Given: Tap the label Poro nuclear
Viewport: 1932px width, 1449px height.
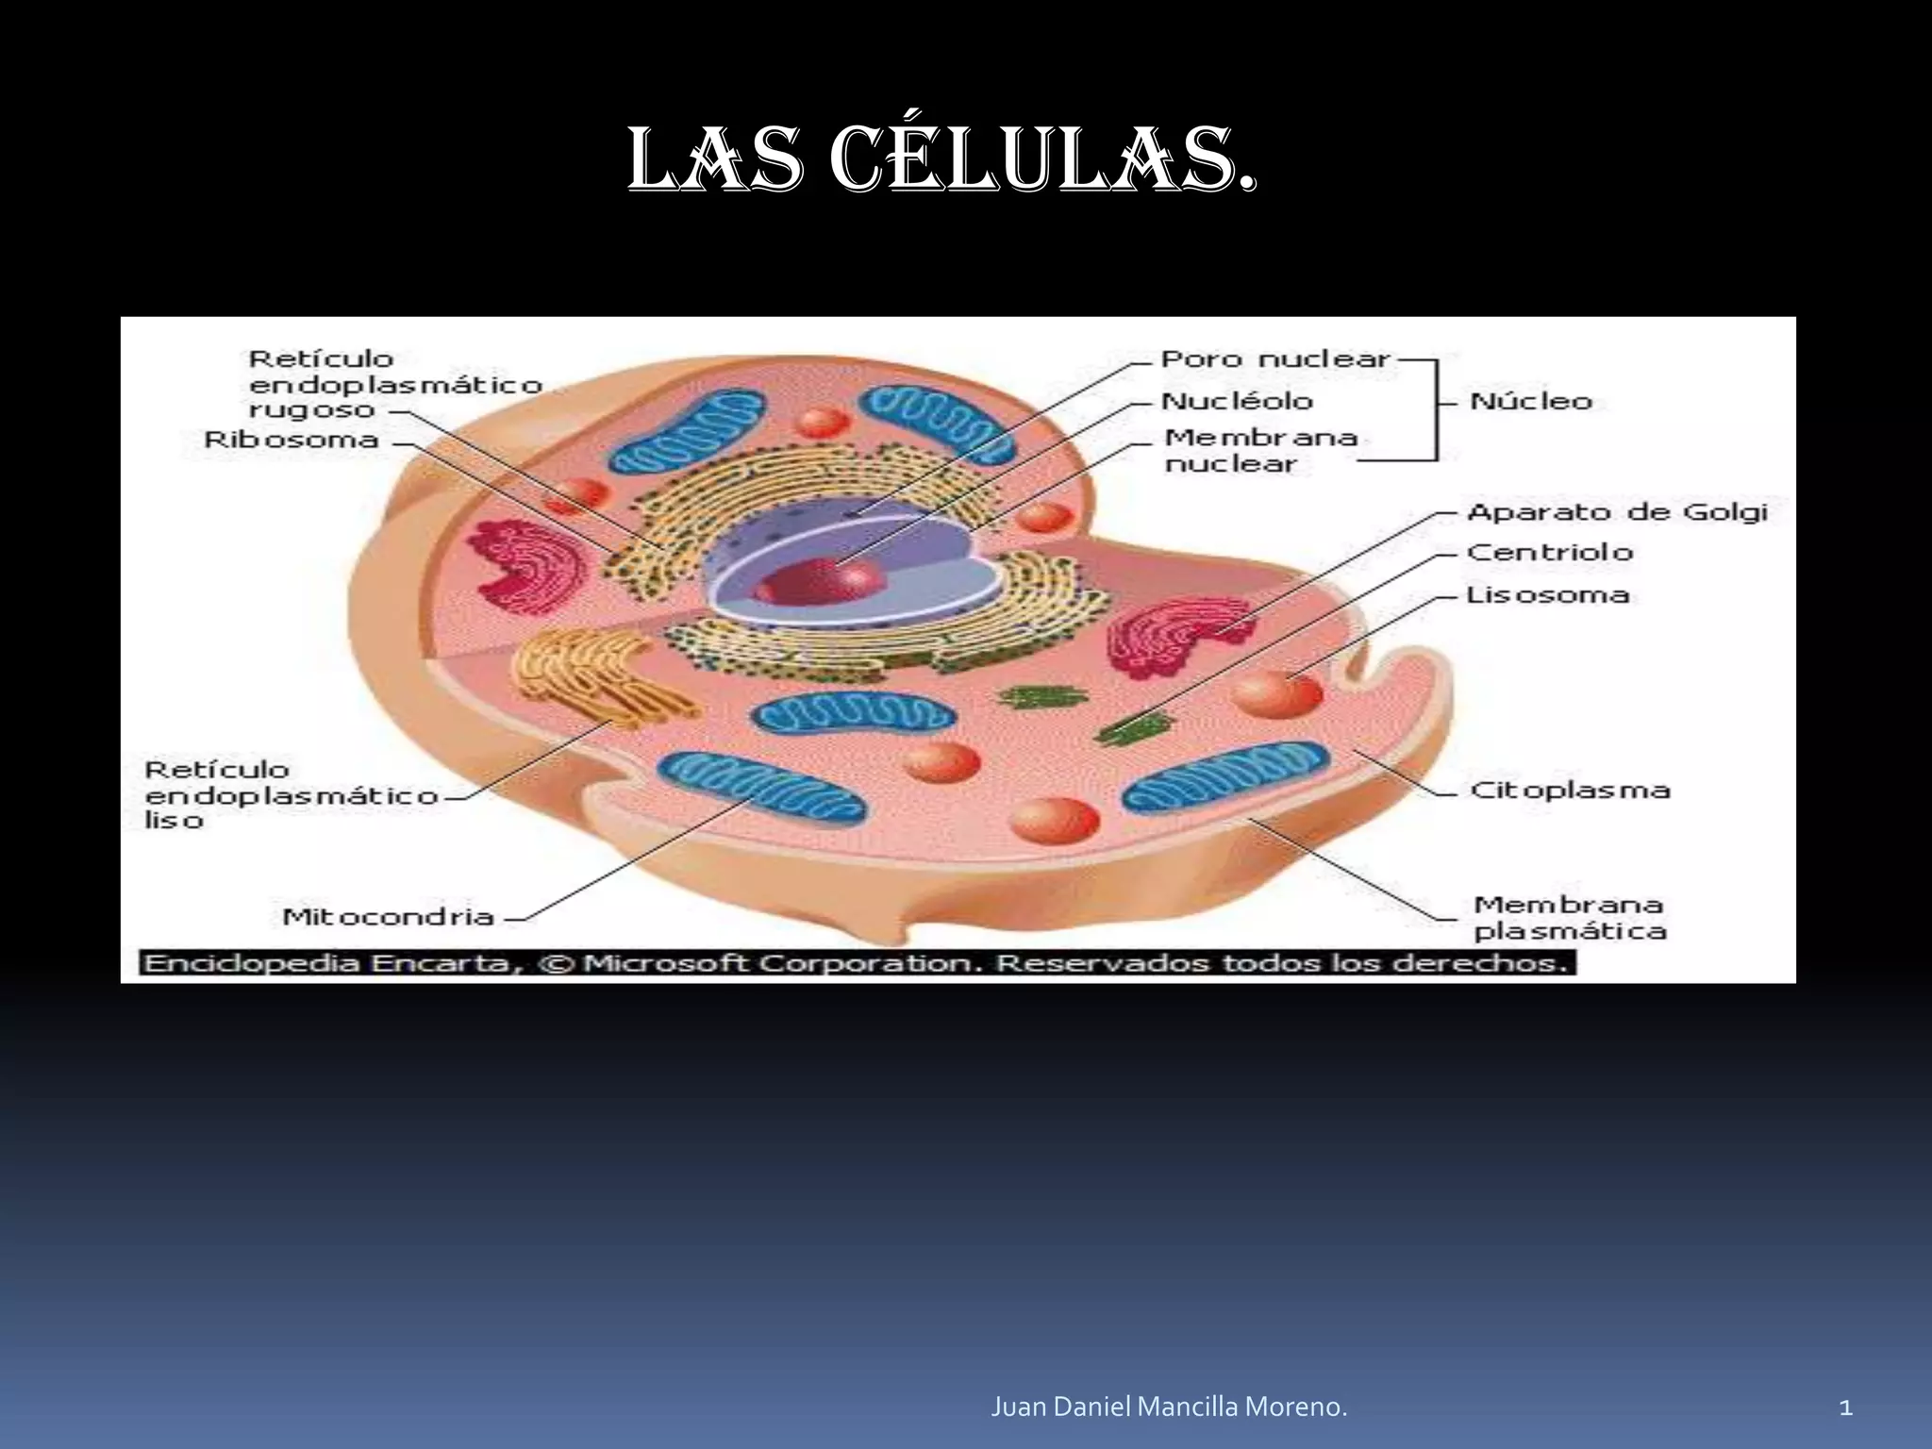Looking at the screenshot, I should [1275, 359].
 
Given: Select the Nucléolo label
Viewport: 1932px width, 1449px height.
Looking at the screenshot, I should [1237, 401].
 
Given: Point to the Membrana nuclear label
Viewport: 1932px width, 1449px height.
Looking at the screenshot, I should [1260, 450].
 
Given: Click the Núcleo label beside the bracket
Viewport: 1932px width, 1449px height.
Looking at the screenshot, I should [1531, 401].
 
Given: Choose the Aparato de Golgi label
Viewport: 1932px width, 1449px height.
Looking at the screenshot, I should [1617, 512].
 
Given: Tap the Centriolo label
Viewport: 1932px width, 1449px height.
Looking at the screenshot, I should [1549, 552].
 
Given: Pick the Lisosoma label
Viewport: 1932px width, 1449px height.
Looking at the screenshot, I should [1547, 594].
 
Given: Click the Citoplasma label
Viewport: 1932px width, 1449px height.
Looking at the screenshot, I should [1570, 790].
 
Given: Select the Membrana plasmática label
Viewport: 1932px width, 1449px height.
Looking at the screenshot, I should [1570, 918].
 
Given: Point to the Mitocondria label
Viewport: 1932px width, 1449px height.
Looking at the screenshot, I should [388, 916].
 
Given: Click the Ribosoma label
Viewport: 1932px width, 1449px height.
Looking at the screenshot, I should [291, 440].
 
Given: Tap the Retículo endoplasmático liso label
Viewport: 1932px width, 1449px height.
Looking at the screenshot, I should [291, 794].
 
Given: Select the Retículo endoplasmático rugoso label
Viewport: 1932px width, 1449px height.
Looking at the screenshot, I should [394, 384].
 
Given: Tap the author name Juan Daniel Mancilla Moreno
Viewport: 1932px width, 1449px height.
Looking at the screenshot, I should [1169, 1407].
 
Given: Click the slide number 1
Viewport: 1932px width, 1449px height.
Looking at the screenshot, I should [1846, 1408].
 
